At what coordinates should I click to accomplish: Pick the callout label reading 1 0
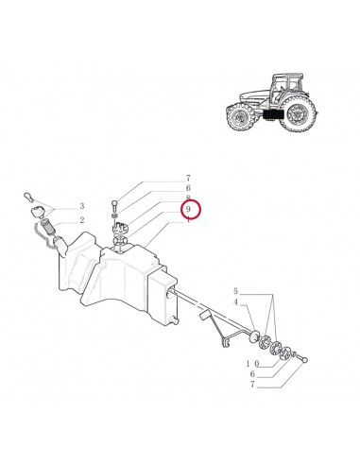[x=252, y=363]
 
